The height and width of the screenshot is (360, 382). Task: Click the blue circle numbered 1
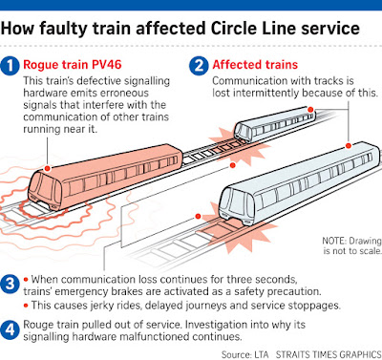(10, 66)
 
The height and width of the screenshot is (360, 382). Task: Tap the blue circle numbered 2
(199, 66)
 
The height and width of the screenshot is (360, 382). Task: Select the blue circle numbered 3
(10, 284)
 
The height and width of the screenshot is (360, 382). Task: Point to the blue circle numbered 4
(10, 329)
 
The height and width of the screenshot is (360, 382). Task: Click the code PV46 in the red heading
(107, 65)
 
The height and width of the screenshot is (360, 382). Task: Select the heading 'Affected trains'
(255, 65)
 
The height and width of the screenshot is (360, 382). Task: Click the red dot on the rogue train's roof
(48, 168)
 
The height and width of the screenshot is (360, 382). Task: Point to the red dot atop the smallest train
(310, 110)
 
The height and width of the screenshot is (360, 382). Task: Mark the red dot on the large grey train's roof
(349, 146)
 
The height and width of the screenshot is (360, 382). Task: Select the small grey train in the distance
(274, 124)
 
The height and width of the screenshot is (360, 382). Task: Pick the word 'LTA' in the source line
(262, 354)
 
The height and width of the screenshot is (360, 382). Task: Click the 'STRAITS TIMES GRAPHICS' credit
(329, 354)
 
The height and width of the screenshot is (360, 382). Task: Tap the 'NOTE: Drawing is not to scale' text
(351, 245)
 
